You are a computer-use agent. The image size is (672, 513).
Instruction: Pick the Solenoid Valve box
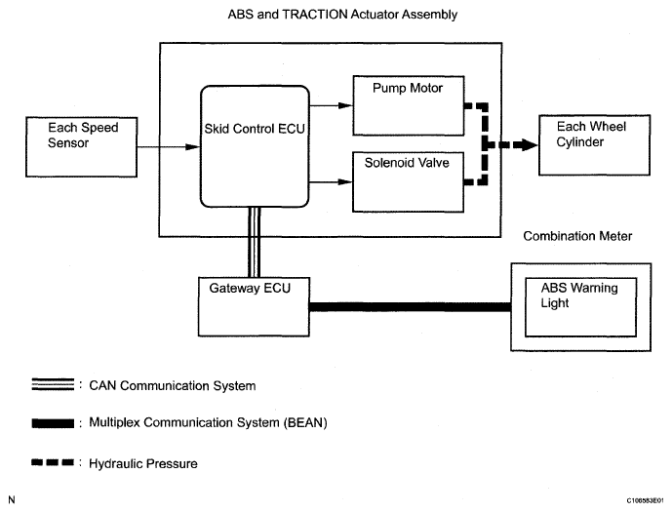click(x=407, y=179)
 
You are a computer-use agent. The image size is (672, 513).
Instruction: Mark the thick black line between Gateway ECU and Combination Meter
click(x=410, y=307)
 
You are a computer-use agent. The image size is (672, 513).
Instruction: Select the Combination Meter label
click(x=577, y=236)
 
